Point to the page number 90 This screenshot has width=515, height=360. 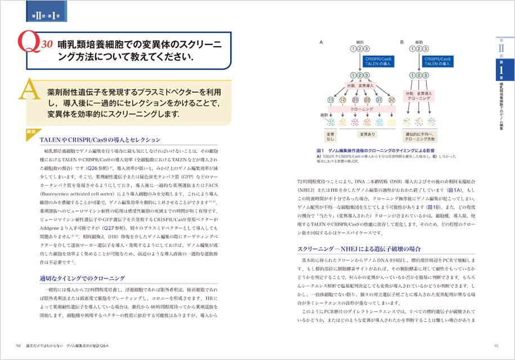pos(19,345)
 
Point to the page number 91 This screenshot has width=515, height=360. pos(496,345)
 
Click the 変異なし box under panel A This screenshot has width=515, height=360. pos(330,136)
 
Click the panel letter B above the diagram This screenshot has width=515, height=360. pos(402,42)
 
